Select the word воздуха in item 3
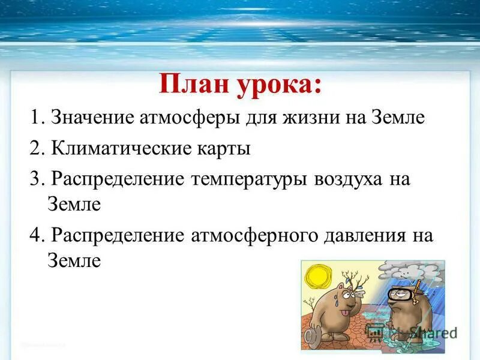click(344, 179)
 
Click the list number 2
click(35, 148)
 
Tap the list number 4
click(35, 235)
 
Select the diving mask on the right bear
click(399, 295)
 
